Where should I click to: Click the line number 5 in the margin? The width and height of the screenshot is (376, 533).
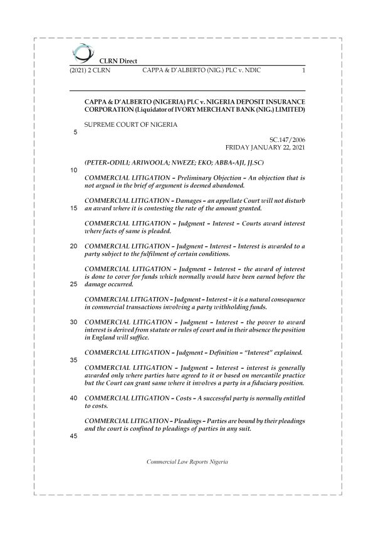(x=75, y=132)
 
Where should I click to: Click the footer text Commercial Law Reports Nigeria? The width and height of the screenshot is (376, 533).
(x=187, y=461)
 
